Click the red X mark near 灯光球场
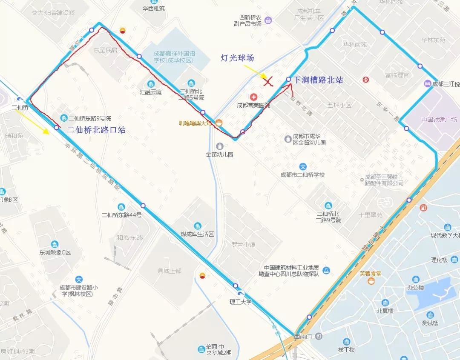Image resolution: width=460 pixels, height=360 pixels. (x=268, y=81)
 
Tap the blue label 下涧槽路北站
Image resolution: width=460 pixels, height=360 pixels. (x=318, y=80)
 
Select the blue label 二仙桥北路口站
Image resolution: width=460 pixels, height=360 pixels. (x=96, y=130)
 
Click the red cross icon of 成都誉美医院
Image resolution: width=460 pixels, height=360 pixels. (x=253, y=97)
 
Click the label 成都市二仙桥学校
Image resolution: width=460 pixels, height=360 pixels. (x=302, y=174)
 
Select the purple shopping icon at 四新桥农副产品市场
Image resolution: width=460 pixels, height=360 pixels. (x=268, y=20)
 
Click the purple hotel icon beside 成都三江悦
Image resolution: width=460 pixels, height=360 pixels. (x=427, y=84)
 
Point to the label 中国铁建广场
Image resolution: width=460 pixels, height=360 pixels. (x=439, y=119)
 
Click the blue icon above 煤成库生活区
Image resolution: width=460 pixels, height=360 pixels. (x=197, y=226)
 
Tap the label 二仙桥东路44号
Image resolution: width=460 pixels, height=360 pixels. (x=121, y=215)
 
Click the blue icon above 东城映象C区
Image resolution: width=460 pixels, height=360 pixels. (x=55, y=244)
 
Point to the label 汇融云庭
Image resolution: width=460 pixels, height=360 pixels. (x=151, y=92)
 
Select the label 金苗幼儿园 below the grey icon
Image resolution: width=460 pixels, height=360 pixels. (x=219, y=154)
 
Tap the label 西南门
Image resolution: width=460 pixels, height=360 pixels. (x=303, y=337)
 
